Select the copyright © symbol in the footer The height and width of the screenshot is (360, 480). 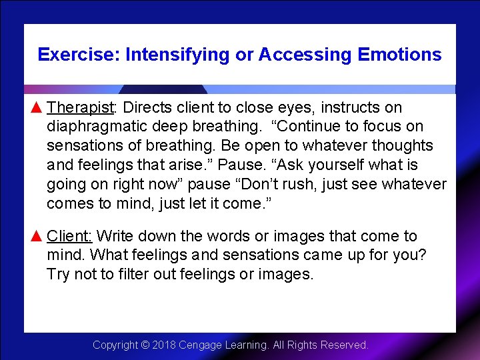145,345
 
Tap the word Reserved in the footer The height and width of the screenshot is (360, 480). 345,345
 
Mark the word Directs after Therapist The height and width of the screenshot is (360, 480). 147,107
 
